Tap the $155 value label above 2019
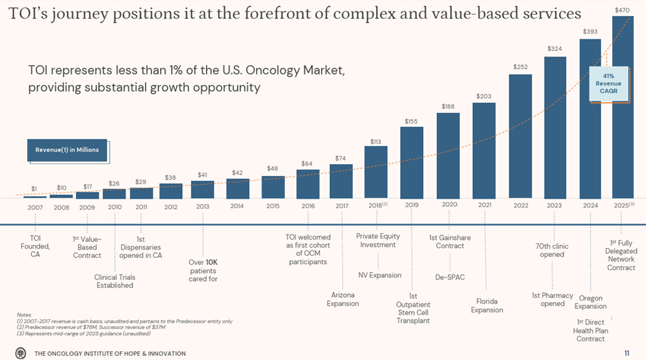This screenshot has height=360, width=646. (x=411, y=121)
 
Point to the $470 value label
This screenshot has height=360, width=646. (x=622, y=10)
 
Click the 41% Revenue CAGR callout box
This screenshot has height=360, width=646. (x=608, y=83)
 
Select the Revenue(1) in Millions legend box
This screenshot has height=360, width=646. (x=68, y=150)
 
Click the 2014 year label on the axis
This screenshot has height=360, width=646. (x=237, y=206)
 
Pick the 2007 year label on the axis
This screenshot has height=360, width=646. (x=35, y=206)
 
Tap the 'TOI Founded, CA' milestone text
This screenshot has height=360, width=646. (x=35, y=246)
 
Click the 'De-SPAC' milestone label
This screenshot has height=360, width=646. (x=449, y=277)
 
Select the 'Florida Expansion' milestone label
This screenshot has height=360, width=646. (x=487, y=306)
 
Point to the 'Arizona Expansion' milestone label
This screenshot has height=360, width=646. (x=342, y=299)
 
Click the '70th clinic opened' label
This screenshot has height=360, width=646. (x=552, y=250)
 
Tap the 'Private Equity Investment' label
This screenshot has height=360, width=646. (x=378, y=241)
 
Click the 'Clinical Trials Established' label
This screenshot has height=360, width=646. (x=115, y=281)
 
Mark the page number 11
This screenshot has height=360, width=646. (x=626, y=353)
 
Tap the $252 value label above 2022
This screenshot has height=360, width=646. (x=520, y=67)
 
